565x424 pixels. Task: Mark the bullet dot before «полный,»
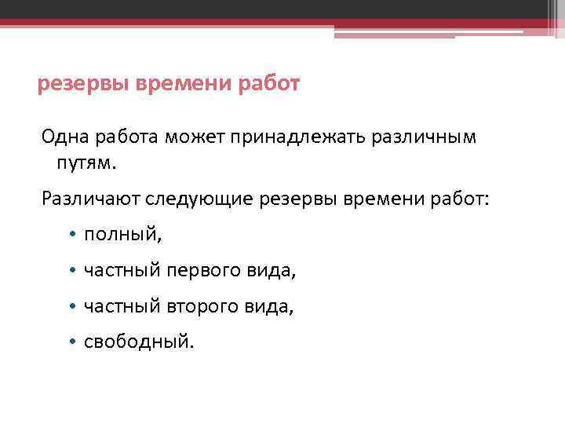(x=71, y=234)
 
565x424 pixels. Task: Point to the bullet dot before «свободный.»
(x=71, y=342)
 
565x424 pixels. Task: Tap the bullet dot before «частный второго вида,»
(x=71, y=306)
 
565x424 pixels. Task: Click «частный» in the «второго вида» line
(x=121, y=306)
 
